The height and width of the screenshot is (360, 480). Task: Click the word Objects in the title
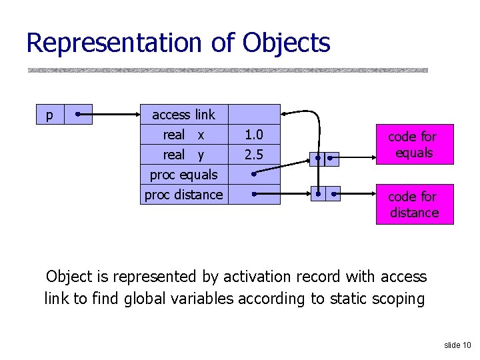(x=286, y=43)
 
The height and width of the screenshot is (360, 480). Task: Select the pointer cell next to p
(x=79, y=115)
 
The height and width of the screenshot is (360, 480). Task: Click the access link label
(x=183, y=115)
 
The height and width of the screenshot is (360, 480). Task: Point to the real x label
(x=183, y=135)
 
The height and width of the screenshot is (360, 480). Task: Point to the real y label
(x=183, y=155)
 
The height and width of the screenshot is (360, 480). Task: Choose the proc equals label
(x=183, y=175)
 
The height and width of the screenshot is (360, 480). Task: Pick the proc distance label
(x=183, y=195)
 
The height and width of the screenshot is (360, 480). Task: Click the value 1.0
(x=253, y=135)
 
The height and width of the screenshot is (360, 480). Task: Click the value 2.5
(x=253, y=155)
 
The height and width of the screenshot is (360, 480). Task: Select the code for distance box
(x=413, y=205)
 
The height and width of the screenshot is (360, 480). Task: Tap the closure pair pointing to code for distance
(x=324, y=195)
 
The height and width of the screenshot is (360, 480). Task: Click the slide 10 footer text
(x=457, y=345)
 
